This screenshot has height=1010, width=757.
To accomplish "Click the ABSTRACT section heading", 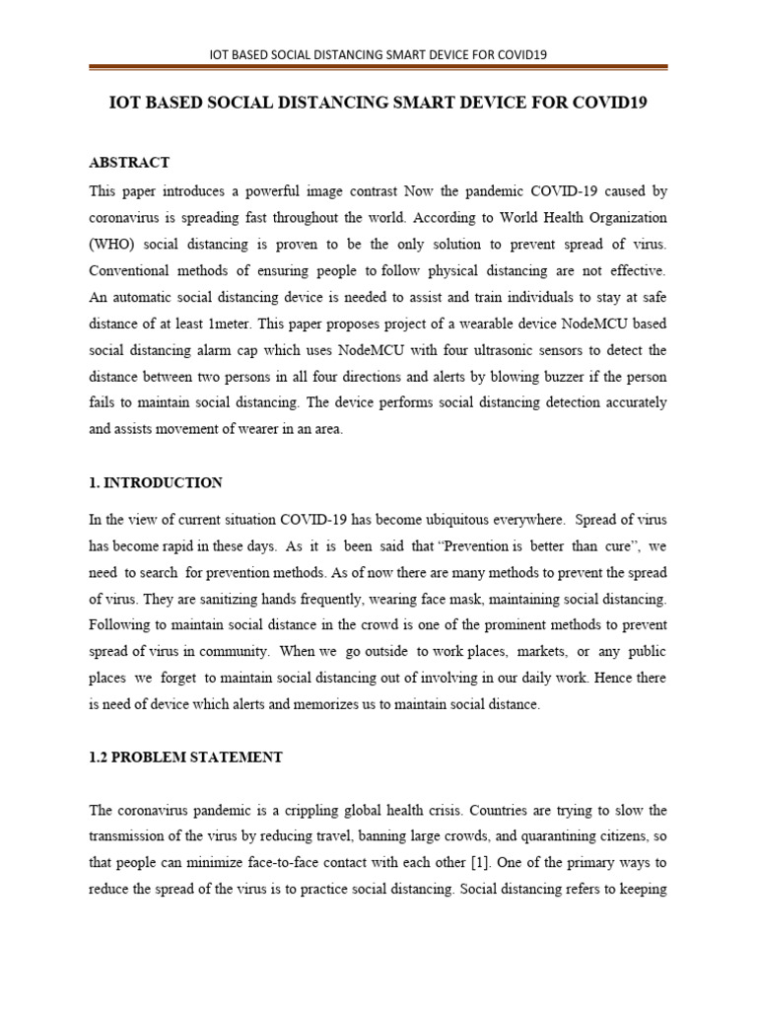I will [130, 162].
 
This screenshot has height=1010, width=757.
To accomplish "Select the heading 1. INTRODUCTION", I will [156, 483].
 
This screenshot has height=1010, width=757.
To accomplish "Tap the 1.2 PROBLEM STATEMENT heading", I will [186, 757].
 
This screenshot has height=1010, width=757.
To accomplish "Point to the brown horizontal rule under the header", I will [378, 68].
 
